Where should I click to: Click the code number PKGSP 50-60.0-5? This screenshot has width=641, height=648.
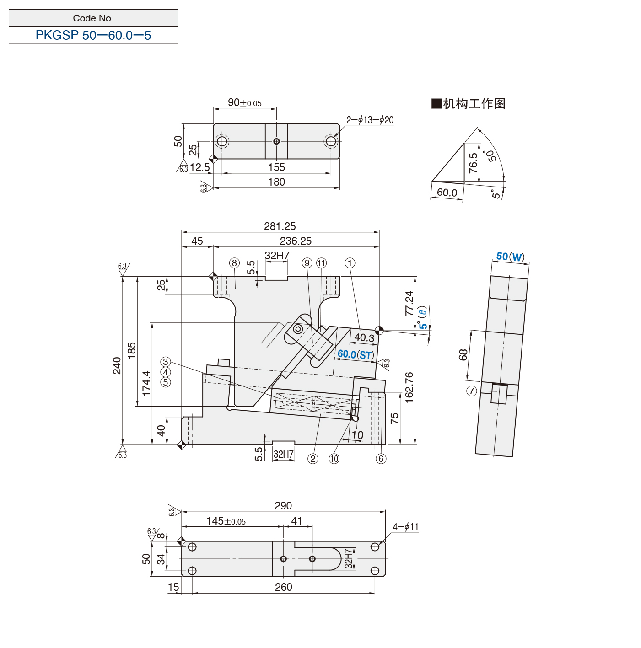pyautogui.click(x=93, y=35)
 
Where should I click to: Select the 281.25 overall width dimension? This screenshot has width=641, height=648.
pyautogui.click(x=280, y=226)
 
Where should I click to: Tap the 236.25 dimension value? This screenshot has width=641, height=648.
pyautogui.click(x=296, y=241)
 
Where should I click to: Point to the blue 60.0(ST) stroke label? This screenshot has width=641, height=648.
pyautogui.click(x=356, y=354)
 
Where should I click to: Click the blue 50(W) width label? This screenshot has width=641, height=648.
pyautogui.click(x=510, y=257)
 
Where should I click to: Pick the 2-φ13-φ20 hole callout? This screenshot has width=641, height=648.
pyautogui.click(x=370, y=120)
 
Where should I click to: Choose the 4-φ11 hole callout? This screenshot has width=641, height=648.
pyautogui.click(x=405, y=527)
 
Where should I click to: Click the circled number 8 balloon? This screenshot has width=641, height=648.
pyautogui.click(x=234, y=263)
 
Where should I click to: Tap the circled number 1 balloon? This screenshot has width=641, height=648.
pyautogui.click(x=350, y=263)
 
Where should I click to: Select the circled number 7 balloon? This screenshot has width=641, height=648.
pyautogui.click(x=471, y=391)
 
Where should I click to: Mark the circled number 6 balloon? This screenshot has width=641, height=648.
pyautogui.click(x=381, y=459)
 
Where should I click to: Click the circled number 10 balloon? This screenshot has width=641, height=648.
pyautogui.click(x=334, y=459)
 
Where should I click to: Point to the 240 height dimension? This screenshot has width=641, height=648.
pyautogui.click(x=117, y=365)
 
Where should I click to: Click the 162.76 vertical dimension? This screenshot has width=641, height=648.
pyautogui.click(x=409, y=387)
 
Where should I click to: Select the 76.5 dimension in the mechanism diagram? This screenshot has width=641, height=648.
pyautogui.click(x=473, y=163)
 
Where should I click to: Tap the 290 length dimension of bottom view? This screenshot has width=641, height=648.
pyautogui.click(x=283, y=506)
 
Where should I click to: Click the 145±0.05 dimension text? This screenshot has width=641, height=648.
pyautogui.click(x=226, y=521)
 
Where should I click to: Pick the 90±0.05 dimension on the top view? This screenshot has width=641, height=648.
pyautogui.click(x=245, y=103)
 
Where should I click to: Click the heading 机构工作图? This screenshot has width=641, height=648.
pyautogui.click(x=469, y=104)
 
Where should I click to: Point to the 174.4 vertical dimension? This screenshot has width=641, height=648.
pyautogui.click(x=146, y=383)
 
